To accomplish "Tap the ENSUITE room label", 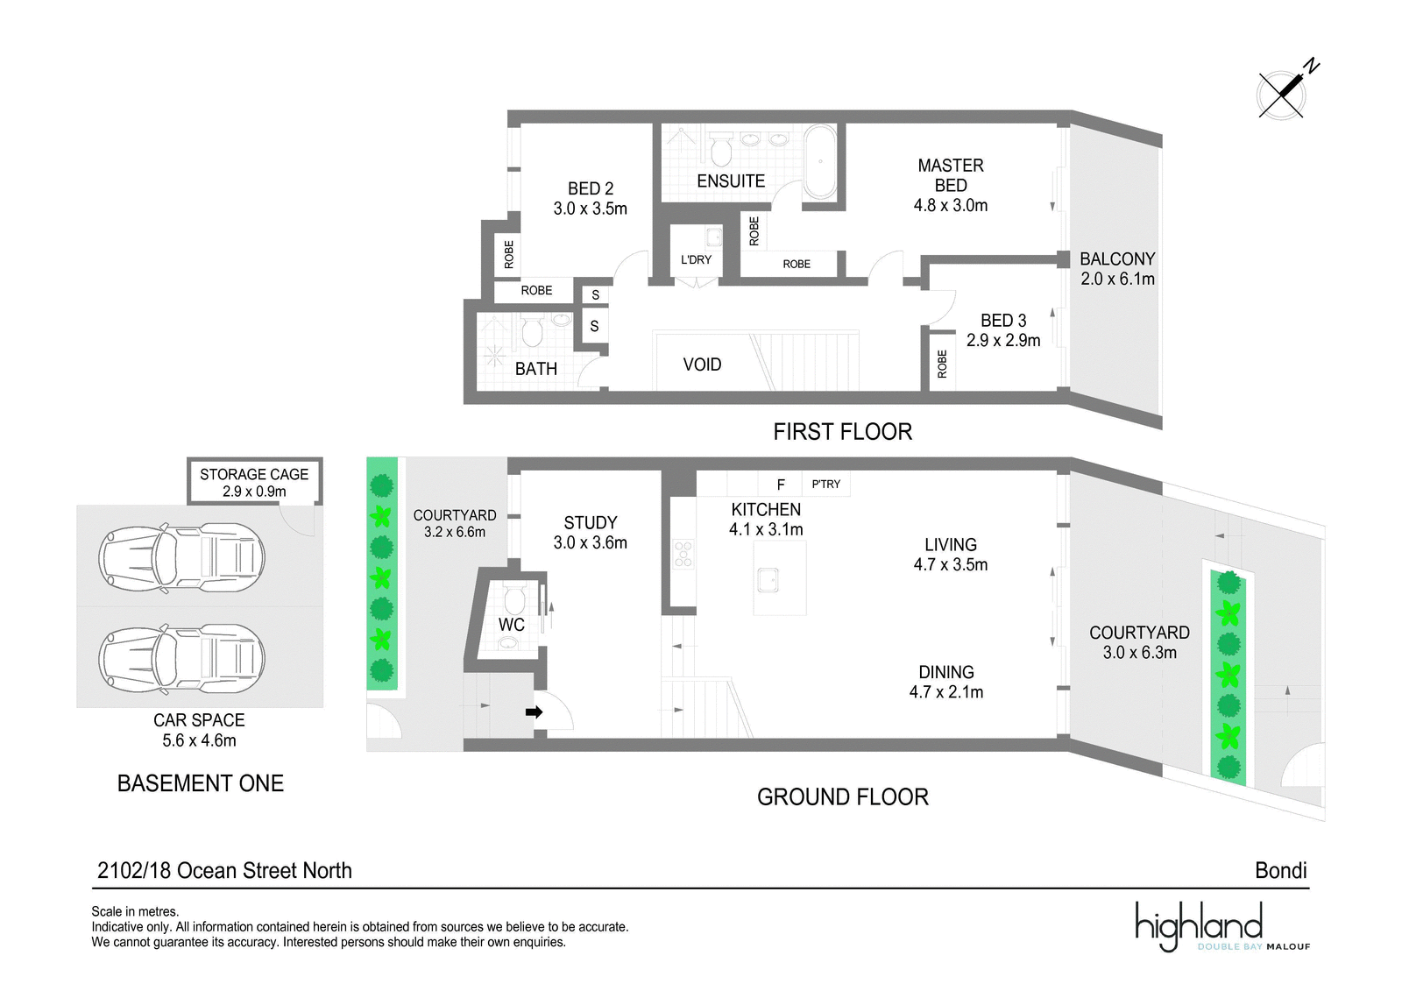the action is pyautogui.click(x=731, y=181).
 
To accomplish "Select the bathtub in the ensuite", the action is pyautogui.click(x=820, y=161).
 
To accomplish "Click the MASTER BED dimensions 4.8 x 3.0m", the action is pyautogui.click(x=950, y=205).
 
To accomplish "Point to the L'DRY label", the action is pyautogui.click(x=696, y=259).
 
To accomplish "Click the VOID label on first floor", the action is pyautogui.click(x=702, y=365).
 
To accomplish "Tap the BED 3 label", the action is pyautogui.click(x=1003, y=321).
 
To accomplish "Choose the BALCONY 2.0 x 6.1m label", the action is pyautogui.click(x=1117, y=269).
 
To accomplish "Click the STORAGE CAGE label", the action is pyautogui.click(x=254, y=475).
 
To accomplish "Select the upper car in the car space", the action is pyautogui.click(x=181, y=557).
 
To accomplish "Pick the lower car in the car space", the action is pyautogui.click(x=181, y=659).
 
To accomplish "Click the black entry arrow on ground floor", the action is pyautogui.click(x=534, y=711).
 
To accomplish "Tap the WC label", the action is pyautogui.click(x=512, y=624).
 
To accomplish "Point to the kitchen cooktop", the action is pyautogui.click(x=683, y=554).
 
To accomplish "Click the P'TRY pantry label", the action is pyautogui.click(x=825, y=484).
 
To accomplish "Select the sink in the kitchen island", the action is pyautogui.click(x=768, y=580).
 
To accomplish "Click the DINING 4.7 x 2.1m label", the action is pyautogui.click(x=946, y=682).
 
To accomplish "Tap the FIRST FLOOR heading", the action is pyautogui.click(x=842, y=432).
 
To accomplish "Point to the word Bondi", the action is pyautogui.click(x=1280, y=871).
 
